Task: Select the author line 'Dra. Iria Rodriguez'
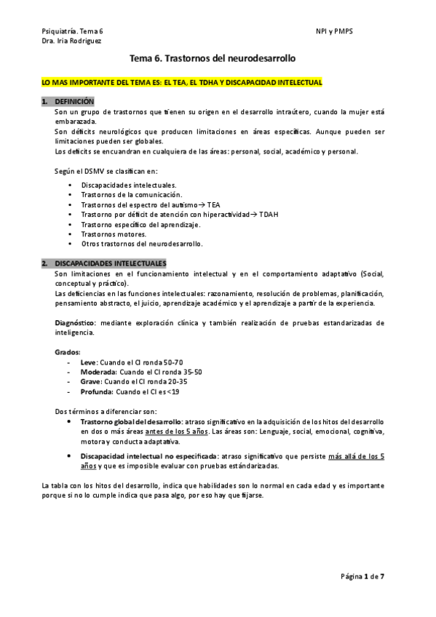(x=72, y=41)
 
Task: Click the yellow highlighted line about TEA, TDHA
(x=182, y=83)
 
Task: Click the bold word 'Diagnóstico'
(x=76, y=322)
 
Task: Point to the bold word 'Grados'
(x=68, y=351)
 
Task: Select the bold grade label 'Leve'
(x=88, y=362)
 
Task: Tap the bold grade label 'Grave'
(x=90, y=381)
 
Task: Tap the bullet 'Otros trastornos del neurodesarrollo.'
(x=143, y=244)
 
